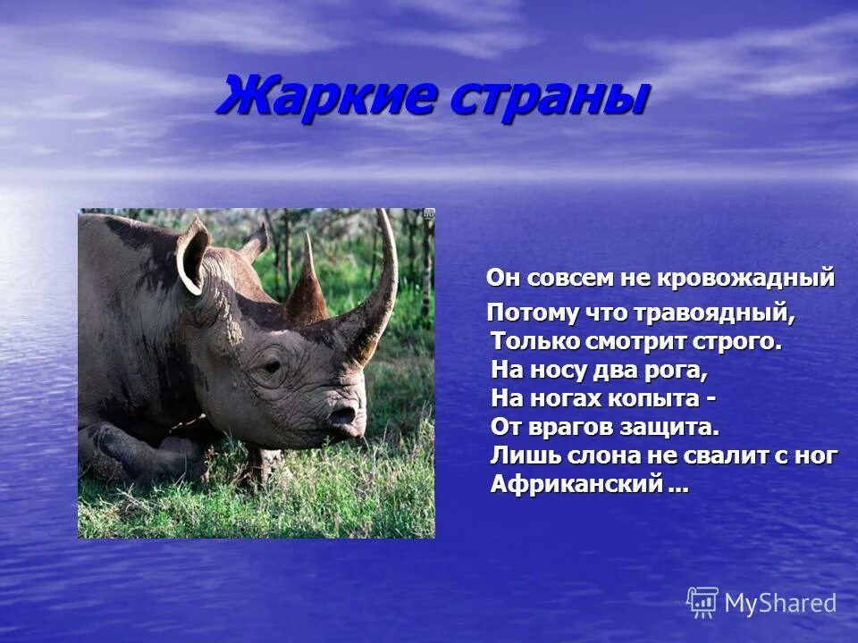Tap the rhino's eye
click(x=269, y=367)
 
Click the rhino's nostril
click(x=341, y=415)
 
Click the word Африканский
click(x=577, y=484)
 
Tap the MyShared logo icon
click(x=702, y=603)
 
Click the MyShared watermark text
click(x=780, y=603)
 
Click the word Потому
click(x=522, y=313)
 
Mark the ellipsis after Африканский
click(x=678, y=487)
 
